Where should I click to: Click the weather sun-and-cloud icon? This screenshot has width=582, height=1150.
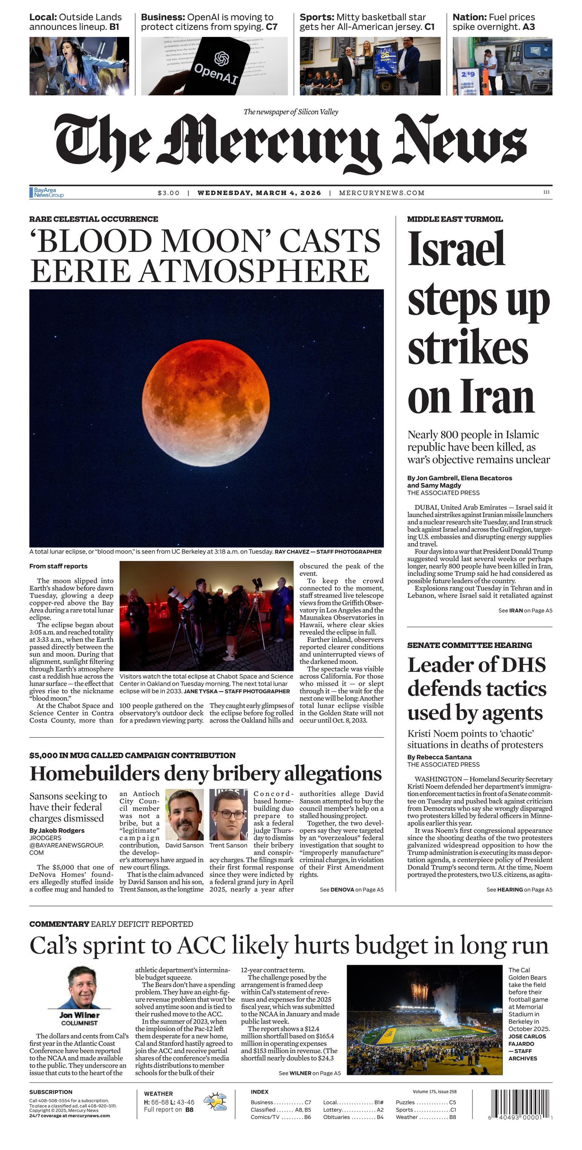pyautogui.click(x=215, y=1102)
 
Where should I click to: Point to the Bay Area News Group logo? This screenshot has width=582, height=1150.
pyautogui.click(x=47, y=192)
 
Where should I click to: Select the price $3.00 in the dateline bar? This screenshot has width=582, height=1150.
pyautogui.click(x=168, y=193)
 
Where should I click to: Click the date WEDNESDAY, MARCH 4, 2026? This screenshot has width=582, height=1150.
pyautogui.click(x=259, y=193)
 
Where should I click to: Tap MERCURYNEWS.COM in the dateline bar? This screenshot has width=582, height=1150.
pyautogui.click(x=382, y=193)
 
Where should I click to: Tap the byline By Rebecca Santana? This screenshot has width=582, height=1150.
pyautogui.click(x=439, y=757)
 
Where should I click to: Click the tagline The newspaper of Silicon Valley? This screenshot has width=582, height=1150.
pyautogui.click(x=291, y=112)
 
